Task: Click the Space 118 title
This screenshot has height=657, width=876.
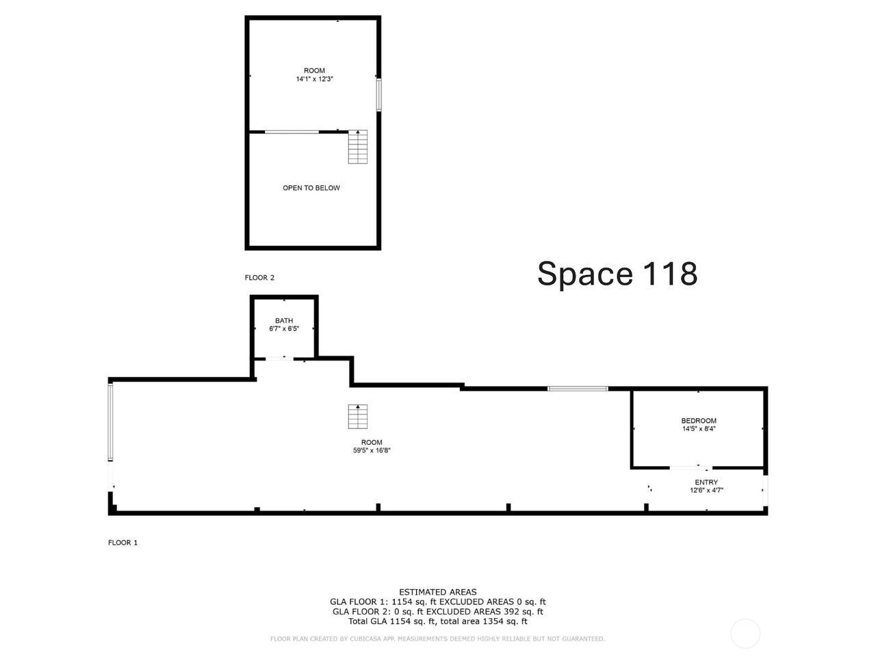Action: pyautogui.click(x=617, y=274)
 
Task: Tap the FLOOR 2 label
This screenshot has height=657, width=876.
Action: pyautogui.click(x=259, y=278)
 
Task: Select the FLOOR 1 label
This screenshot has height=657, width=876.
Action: pyautogui.click(x=123, y=543)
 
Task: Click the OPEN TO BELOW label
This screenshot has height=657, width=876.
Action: pyautogui.click(x=311, y=188)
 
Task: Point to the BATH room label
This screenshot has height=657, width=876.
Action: pyautogui.click(x=284, y=320)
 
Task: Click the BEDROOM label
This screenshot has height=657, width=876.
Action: pyautogui.click(x=699, y=420)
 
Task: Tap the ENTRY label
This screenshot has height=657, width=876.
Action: pyautogui.click(x=706, y=482)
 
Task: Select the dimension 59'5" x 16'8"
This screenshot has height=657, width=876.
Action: pyautogui.click(x=371, y=450)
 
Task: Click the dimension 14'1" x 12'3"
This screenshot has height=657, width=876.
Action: pyautogui.click(x=314, y=79)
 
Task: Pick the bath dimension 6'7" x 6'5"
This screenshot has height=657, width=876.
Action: pyautogui.click(x=284, y=328)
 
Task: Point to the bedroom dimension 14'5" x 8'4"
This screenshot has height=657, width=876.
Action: pyautogui.click(x=699, y=429)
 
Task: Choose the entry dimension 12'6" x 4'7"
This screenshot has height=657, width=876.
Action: pyautogui.click(x=706, y=490)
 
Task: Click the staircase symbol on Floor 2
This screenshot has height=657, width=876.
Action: pyautogui.click(x=357, y=146)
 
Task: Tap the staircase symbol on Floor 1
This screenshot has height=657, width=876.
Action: pyautogui.click(x=357, y=417)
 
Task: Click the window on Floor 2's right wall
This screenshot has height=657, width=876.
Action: pyautogui.click(x=378, y=94)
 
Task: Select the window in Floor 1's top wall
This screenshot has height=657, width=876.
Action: pyautogui.click(x=578, y=389)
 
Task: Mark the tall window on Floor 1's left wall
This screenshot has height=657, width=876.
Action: pyautogui.click(x=111, y=422)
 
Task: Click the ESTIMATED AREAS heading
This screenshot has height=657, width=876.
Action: pyautogui.click(x=437, y=592)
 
